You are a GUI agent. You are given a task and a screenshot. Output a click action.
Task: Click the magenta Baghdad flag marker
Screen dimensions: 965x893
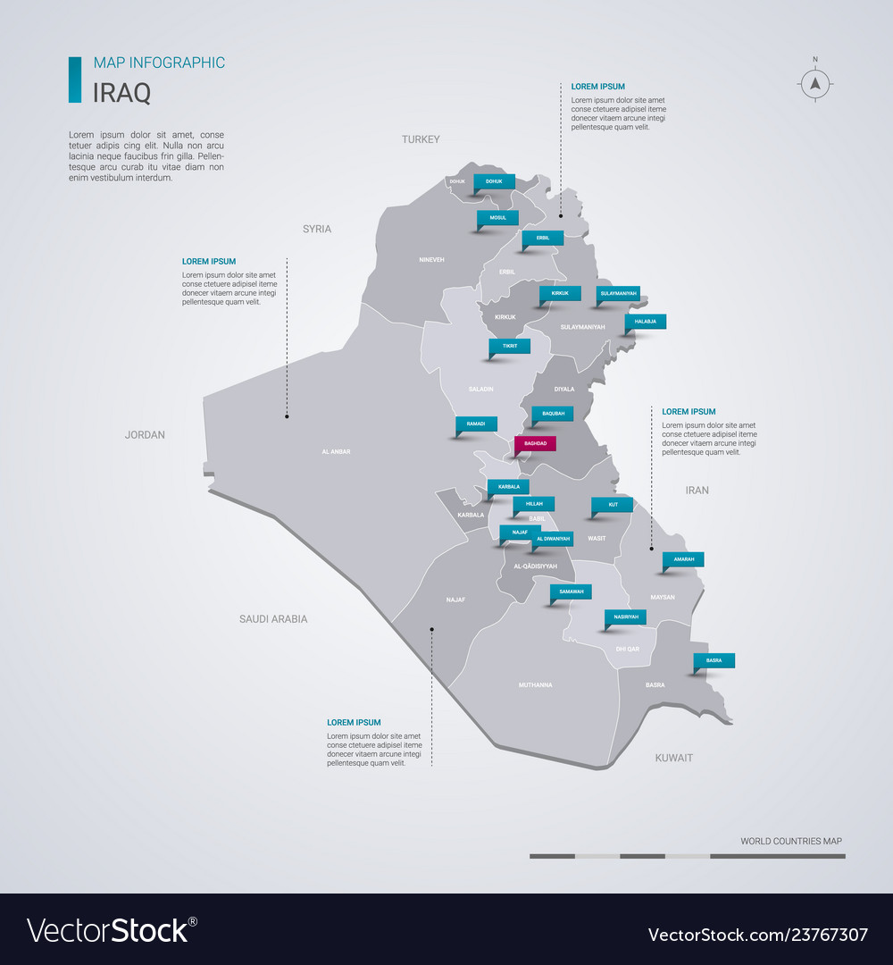[x=535, y=443]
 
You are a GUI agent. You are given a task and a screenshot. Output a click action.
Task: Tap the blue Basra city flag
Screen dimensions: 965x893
[x=714, y=660]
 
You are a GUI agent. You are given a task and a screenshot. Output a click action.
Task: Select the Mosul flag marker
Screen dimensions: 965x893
[x=497, y=217]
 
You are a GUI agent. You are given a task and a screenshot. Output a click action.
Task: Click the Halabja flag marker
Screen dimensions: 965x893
[x=645, y=322]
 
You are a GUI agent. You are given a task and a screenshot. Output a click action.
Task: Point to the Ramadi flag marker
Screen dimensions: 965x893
[x=476, y=424]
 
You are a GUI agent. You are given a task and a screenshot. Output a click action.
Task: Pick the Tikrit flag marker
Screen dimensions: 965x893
[x=509, y=346]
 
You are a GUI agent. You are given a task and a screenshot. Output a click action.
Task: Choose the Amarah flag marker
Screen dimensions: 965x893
[x=683, y=559]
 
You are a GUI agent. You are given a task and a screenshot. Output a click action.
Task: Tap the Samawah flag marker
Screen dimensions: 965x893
[x=572, y=592]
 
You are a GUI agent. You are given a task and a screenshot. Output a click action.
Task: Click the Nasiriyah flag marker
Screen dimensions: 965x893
[x=625, y=617]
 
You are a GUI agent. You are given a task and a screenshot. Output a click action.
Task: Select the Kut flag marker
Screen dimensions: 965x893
[x=613, y=504]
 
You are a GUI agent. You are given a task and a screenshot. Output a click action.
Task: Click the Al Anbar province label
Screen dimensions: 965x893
[x=336, y=452]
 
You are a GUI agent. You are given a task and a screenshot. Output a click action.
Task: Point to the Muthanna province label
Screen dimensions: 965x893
[x=535, y=685]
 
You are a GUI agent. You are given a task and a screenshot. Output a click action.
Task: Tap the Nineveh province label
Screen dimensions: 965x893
[x=431, y=260]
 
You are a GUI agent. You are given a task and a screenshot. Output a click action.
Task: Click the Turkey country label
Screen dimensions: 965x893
[x=421, y=139]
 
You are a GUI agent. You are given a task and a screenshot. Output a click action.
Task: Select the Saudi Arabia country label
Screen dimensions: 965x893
[x=273, y=619]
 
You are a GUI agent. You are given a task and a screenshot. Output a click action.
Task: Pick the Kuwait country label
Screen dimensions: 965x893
[x=673, y=758]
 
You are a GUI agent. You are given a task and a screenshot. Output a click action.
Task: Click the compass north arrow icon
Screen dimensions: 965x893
[x=814, y=84]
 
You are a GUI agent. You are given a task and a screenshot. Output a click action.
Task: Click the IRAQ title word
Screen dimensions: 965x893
[x=121, y=92]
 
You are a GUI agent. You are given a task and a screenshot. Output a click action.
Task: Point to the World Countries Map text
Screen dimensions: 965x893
[x=790, y=841]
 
